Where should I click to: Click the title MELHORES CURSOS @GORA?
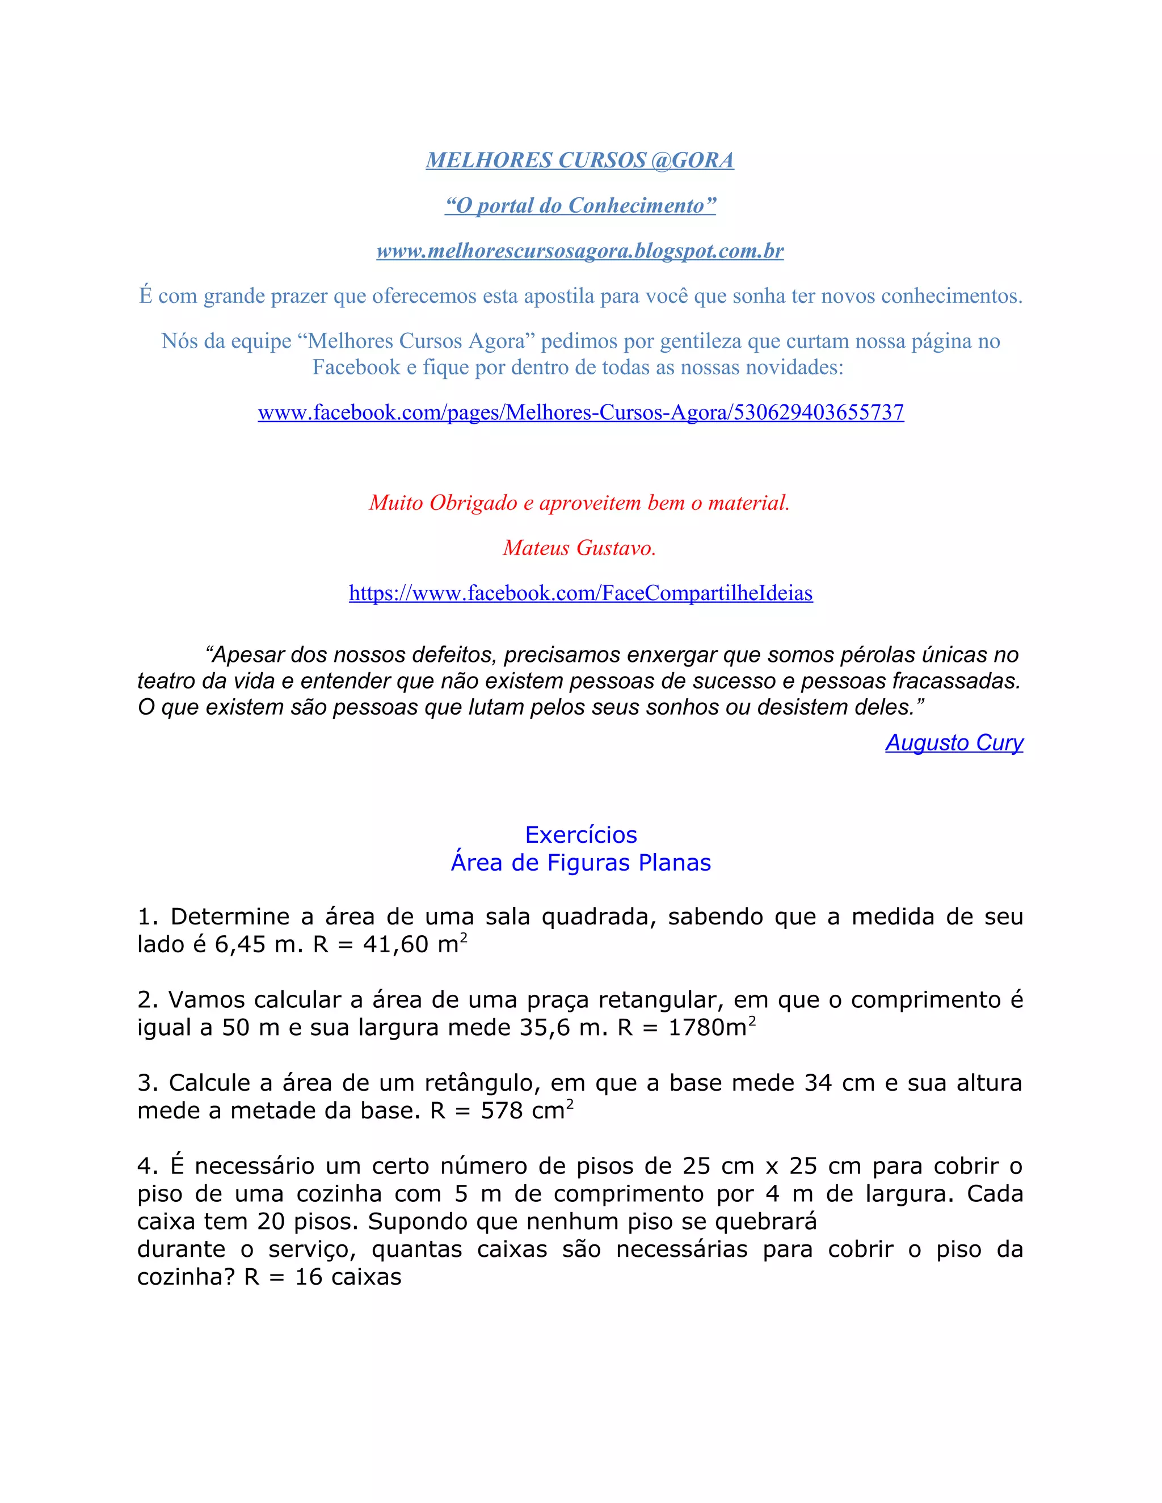coord(580,161)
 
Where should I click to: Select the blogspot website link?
coord(580,251)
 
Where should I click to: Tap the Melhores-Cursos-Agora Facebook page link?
coord(580,412)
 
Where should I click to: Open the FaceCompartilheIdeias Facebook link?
coord(580,593)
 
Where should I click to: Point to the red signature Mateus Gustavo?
coord(580,548)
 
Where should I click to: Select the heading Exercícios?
coord(581,835)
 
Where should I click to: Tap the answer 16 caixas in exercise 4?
coord(348,1277)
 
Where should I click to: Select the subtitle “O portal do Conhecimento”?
coord(580,206)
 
